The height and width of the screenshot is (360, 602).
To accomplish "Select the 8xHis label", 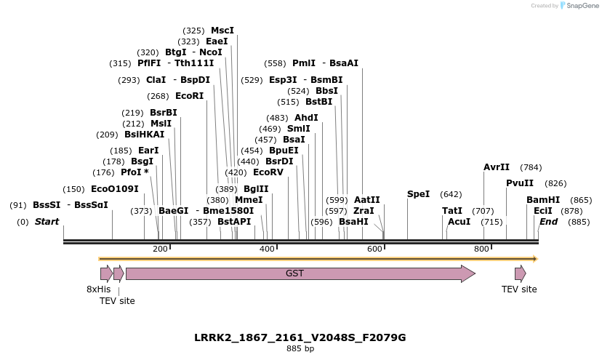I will point(98,289).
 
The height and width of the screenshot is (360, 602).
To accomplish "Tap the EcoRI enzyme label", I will point(189,96).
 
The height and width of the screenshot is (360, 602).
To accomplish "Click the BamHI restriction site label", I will point(543,200).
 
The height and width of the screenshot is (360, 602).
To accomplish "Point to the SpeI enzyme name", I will point(418,194).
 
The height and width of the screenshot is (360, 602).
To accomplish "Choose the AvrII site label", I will point(497,167).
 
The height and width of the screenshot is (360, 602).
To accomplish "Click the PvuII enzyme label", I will point(520,183).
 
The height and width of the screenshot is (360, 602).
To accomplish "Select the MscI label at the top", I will point(222,31).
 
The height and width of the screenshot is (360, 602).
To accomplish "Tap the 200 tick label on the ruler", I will point(160,249).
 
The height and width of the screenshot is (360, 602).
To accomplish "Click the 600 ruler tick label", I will point(374,249).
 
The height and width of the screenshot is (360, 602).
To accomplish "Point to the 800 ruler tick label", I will point(481,249).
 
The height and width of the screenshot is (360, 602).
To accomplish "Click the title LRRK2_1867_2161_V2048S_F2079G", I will point(300,337).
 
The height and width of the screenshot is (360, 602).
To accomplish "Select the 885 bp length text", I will point(300,349).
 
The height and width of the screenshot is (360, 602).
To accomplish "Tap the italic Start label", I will point(47,222).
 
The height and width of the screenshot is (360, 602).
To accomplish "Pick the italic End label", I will point(548,222).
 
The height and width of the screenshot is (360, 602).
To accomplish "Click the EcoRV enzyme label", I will point(268,172).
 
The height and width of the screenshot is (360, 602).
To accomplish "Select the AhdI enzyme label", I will point(306,118).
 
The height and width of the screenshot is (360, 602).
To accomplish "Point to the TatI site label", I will point(452,211).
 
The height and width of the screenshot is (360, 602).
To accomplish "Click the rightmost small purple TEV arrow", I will point(520,273).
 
